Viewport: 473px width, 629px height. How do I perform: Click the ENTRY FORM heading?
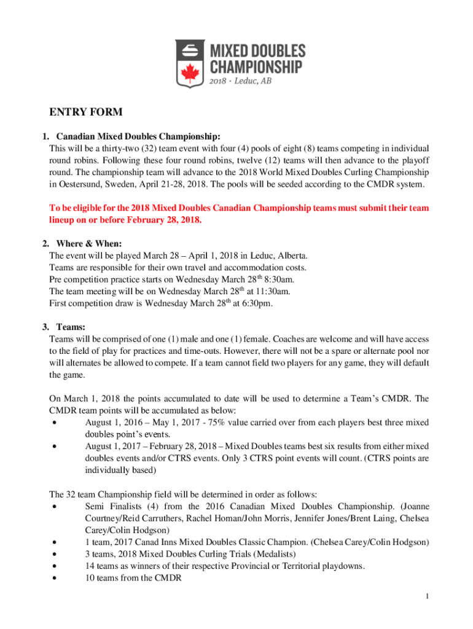pos(86,112)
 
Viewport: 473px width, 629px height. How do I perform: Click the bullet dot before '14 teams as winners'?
pos(56,566)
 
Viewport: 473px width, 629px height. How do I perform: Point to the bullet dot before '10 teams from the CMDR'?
pos(56,578)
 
